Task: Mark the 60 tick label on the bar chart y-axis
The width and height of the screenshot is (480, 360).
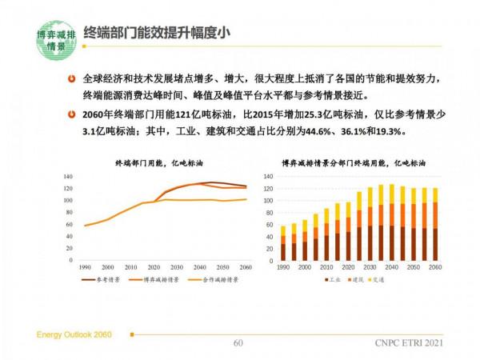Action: pyautogui.click(x=270, y=226)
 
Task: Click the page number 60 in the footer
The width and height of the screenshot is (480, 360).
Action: pyautogui.click(x=238, y=343)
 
